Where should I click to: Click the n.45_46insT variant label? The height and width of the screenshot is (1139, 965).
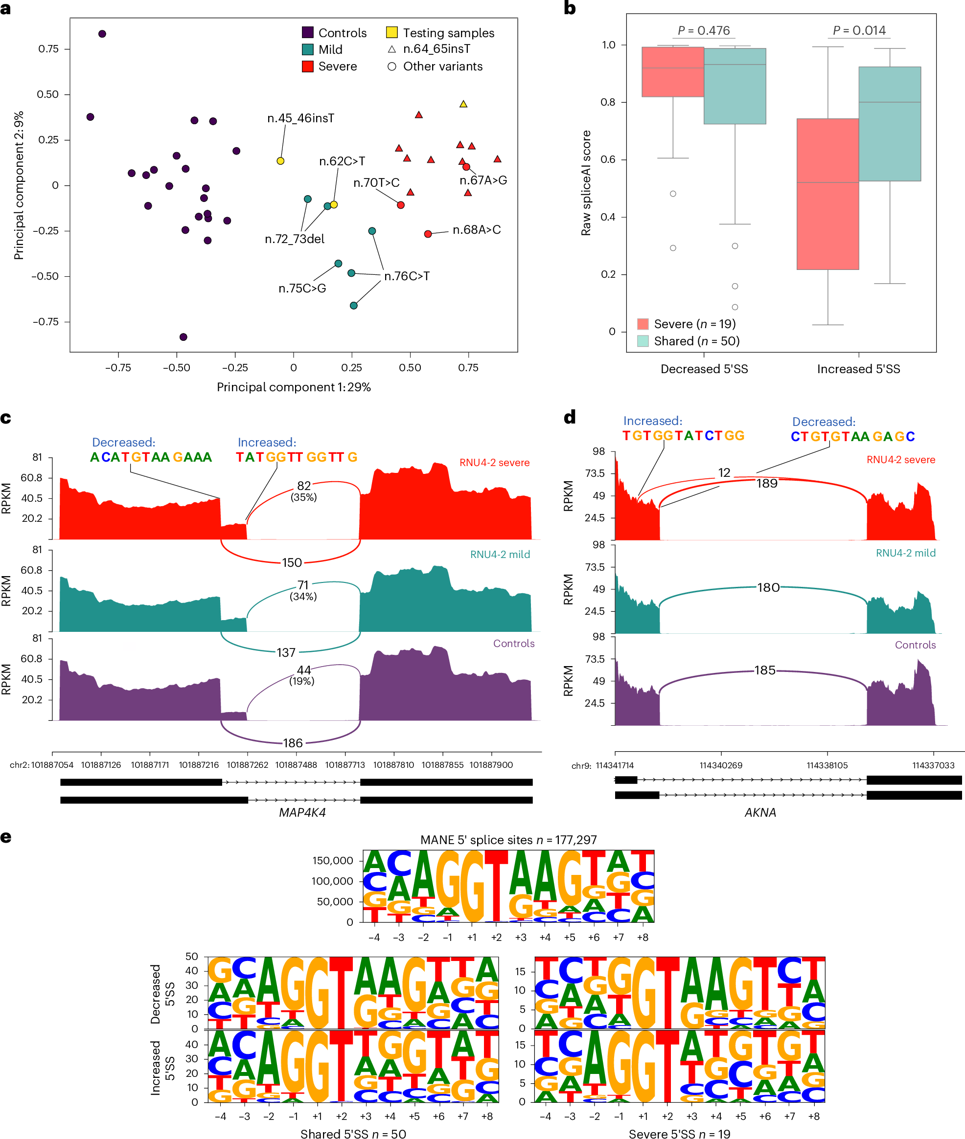(300, 119)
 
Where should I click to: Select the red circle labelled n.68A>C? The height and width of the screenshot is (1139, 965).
(428, 234)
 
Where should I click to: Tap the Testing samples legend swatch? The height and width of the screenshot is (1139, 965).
(391, 32)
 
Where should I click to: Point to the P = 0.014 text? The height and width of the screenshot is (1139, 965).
(859, 31)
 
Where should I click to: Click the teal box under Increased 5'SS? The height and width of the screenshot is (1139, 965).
(890, 124)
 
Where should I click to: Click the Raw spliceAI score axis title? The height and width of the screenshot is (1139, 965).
(586, 183)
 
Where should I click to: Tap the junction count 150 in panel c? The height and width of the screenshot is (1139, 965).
(292, 563)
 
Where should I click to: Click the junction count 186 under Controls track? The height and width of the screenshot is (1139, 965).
(293, 742)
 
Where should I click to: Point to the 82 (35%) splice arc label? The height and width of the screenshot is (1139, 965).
(303, 491)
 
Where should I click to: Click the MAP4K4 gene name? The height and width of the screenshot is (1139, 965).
(302, 812)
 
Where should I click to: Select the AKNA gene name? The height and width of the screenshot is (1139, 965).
(760, 812)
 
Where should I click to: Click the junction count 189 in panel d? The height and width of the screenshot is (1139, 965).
(766, 483)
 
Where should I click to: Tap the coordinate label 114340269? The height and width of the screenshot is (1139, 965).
(720, 765)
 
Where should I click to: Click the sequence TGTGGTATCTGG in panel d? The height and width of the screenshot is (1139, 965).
(683, 436)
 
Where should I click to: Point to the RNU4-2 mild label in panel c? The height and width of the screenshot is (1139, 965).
(500, 555)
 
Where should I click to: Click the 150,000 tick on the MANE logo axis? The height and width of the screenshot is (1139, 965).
(333, 861)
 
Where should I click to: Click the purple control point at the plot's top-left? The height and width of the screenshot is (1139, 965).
(102, 34)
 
